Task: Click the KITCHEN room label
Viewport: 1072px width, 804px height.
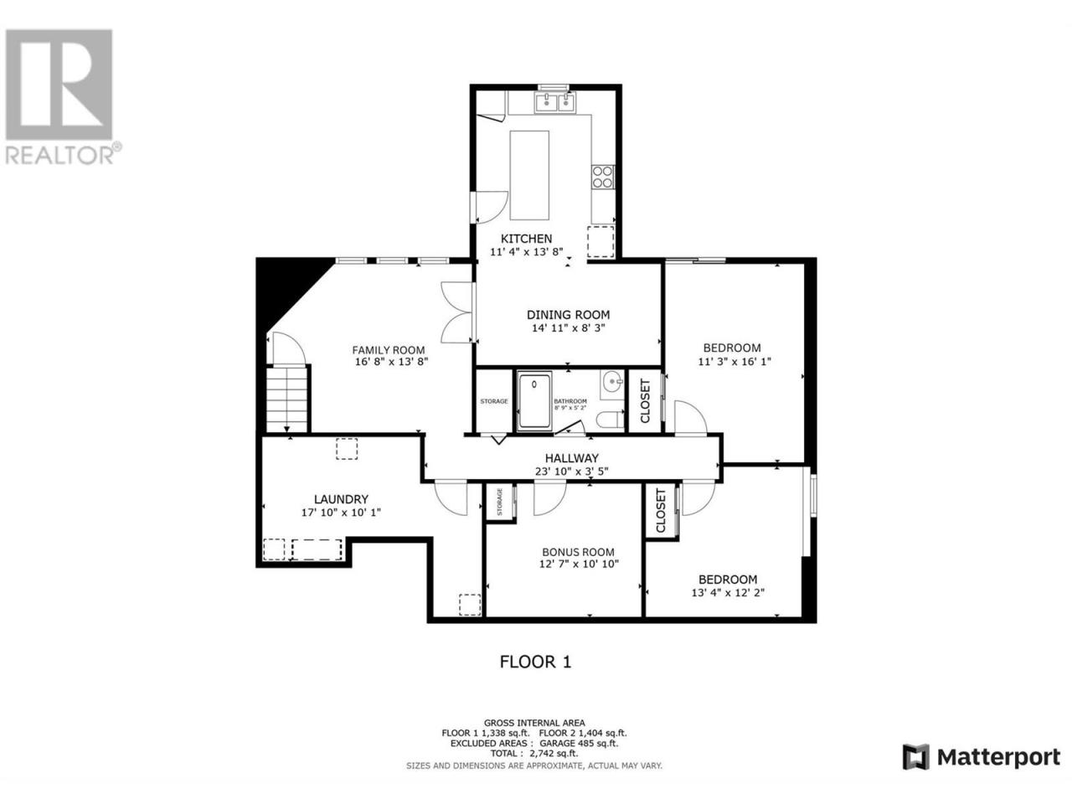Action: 526,239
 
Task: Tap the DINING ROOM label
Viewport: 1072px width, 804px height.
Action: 568,315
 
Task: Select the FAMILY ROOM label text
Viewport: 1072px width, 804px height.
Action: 389,350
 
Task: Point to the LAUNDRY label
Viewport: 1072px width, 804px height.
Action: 341,499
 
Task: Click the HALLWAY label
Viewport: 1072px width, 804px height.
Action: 571,458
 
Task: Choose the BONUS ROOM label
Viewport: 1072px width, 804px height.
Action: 578,552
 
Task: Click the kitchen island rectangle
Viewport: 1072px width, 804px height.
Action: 529,175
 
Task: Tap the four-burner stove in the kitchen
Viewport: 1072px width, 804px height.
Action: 602,177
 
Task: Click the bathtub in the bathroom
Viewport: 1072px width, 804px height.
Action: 534,400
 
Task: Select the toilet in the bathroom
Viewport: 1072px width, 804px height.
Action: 611,420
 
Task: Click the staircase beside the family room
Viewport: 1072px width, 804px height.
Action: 286,399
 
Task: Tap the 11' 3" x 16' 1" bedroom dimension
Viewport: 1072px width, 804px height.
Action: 734,362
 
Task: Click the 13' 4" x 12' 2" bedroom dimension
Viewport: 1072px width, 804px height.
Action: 728,593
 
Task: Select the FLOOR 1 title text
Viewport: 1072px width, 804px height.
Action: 535,662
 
